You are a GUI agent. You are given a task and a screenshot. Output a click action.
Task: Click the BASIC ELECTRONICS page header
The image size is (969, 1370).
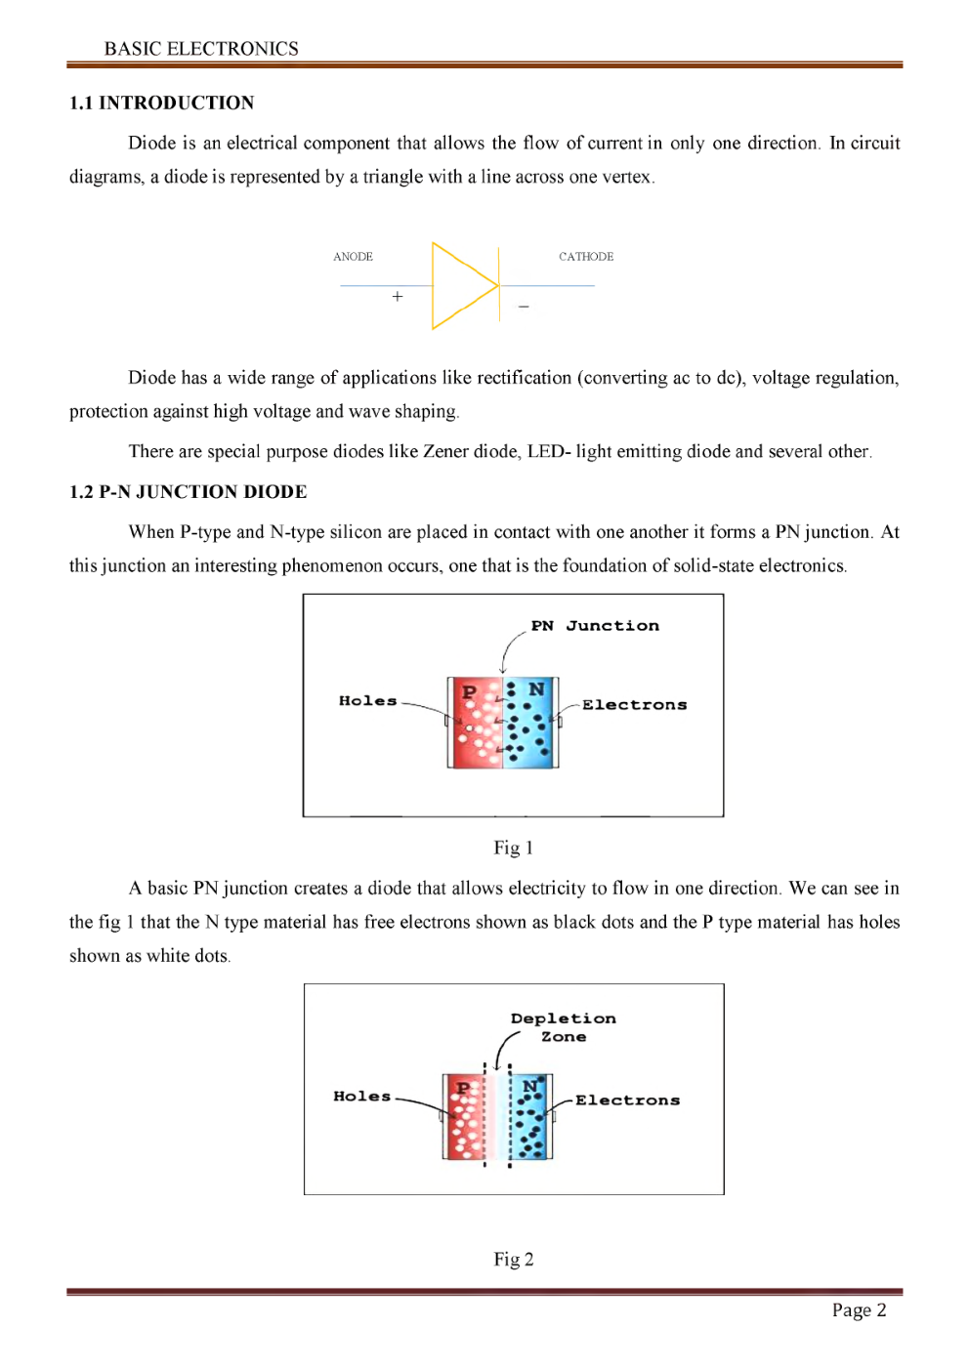201,49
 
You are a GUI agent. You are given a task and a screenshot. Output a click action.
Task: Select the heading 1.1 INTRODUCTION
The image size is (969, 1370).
161,103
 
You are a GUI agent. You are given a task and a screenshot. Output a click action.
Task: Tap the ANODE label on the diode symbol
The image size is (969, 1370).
353,257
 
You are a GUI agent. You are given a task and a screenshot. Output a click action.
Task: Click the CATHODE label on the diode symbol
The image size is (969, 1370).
586,257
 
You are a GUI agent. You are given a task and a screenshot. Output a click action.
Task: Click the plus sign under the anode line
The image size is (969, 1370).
398,296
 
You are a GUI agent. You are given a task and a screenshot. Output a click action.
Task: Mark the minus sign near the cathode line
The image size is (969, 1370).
524,307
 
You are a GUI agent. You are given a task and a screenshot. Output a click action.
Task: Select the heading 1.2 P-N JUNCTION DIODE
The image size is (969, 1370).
188,491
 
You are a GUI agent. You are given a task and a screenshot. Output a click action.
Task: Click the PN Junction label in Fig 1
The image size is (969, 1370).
595,626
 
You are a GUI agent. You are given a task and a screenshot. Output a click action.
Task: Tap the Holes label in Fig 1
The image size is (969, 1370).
367,700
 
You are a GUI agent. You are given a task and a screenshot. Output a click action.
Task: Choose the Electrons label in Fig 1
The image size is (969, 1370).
635,705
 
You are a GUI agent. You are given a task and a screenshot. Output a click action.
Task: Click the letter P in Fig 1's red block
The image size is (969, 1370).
469,692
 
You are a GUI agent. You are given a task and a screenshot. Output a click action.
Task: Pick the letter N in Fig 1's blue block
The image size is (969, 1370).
536,689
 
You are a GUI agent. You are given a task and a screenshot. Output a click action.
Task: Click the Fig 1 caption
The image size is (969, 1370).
513,848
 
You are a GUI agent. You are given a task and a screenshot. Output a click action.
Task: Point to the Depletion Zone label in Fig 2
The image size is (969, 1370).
564,1027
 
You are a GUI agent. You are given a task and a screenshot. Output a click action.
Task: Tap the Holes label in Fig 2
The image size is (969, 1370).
361,1097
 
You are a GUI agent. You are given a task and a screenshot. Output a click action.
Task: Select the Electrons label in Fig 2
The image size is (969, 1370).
627,1100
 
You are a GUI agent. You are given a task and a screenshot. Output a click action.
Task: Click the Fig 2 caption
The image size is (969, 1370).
513,1259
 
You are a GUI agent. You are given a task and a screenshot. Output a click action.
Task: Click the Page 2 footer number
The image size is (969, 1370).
859,1310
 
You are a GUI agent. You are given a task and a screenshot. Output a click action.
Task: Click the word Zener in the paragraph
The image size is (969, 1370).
445,451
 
